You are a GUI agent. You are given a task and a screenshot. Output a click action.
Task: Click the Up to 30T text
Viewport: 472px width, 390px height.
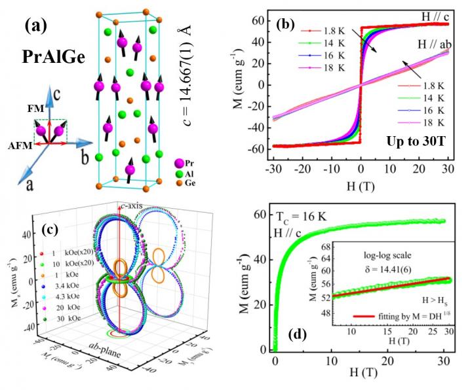point(417,140)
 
